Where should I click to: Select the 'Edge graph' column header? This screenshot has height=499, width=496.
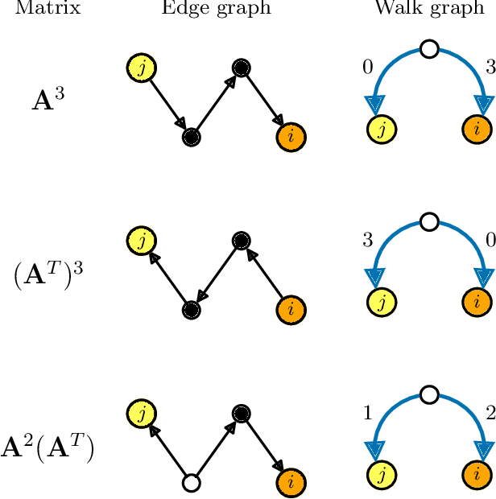pyautogui.click(x=216, y=9)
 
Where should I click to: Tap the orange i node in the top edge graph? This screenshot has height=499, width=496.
pyautogui.click(x=290, y=137)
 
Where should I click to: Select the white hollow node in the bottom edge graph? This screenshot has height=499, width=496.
pyautogui.click(x=191, y=483)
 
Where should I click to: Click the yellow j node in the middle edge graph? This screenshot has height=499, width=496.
pyautogui.click(x=142, y=241)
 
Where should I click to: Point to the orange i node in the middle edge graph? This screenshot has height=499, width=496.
pyautogui.click(x=290, y=309)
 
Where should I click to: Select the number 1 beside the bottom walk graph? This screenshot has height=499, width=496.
pyautogui.click(x=368, y=414)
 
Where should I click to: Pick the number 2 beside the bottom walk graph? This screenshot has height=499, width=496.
pyautogui.click(x=490, y=414)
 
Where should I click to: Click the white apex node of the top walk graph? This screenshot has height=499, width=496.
pyautogui.click(x=429, y=50)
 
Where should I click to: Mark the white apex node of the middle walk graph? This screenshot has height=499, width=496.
pyautogui.click(x=429, y=221)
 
